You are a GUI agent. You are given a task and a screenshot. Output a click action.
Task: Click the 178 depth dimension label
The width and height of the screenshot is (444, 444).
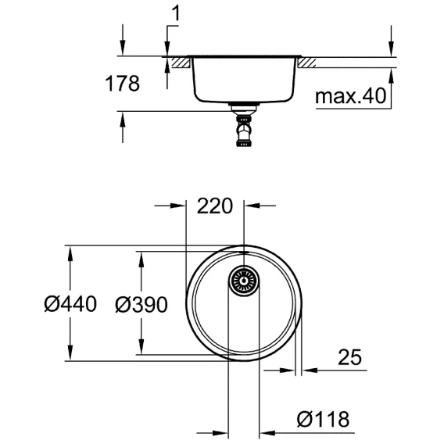click(122, 84)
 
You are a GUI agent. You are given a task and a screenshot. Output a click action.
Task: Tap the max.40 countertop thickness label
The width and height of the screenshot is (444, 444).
click(350, 95)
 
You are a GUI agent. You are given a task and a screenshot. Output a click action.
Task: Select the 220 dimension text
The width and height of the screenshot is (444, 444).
click(215, 206)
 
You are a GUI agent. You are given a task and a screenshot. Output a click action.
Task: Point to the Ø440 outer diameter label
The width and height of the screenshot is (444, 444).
click(70, 304)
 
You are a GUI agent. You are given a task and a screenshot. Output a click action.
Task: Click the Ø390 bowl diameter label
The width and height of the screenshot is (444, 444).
click(141, 305)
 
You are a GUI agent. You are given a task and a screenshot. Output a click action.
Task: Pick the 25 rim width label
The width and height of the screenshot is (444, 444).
click(349, 356)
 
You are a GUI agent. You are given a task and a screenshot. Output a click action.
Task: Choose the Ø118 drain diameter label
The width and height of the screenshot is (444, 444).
click(323, 419)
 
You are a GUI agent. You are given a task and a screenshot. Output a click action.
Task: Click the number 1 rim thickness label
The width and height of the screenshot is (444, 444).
click(176, 13)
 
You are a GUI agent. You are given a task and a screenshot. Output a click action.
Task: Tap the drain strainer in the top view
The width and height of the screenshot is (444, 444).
click(244, 281)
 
